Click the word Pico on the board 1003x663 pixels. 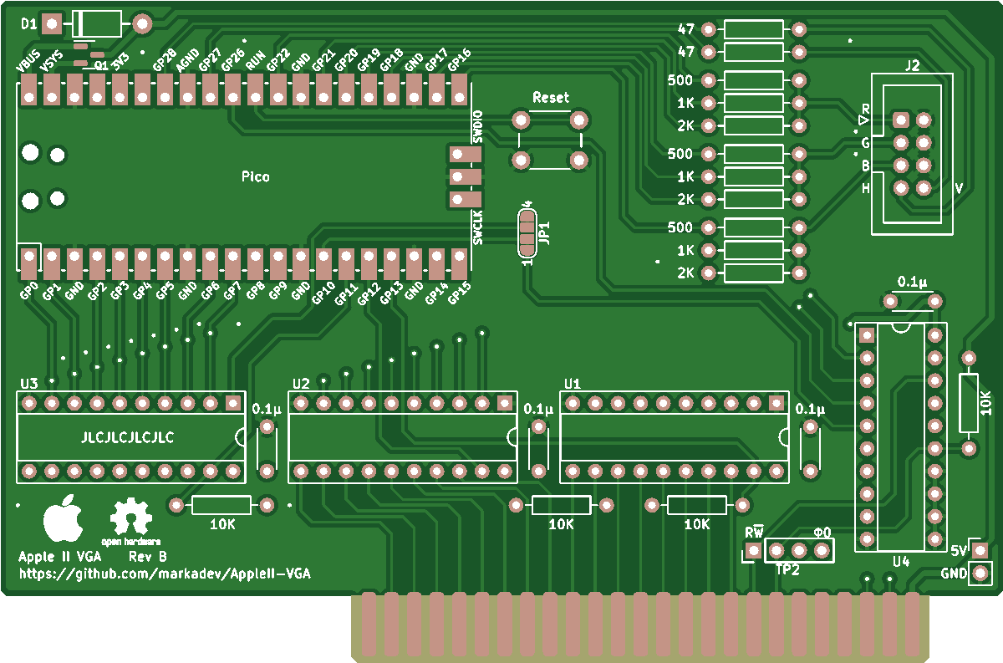[256, 176]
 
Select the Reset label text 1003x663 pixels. [550, 97]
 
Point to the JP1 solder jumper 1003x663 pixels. [527, 233]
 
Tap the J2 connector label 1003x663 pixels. [912, 65]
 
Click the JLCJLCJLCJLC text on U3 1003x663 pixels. [127, 437]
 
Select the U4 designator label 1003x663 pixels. [900, 561]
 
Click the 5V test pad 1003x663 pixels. [979, 550]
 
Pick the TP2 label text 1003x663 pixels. [787, 570]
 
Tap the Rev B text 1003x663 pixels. [148, 556]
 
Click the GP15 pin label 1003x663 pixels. [461, 293]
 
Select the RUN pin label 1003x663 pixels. [255, 60]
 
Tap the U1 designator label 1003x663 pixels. [573, 384]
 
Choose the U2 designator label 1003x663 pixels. [301, 384]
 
